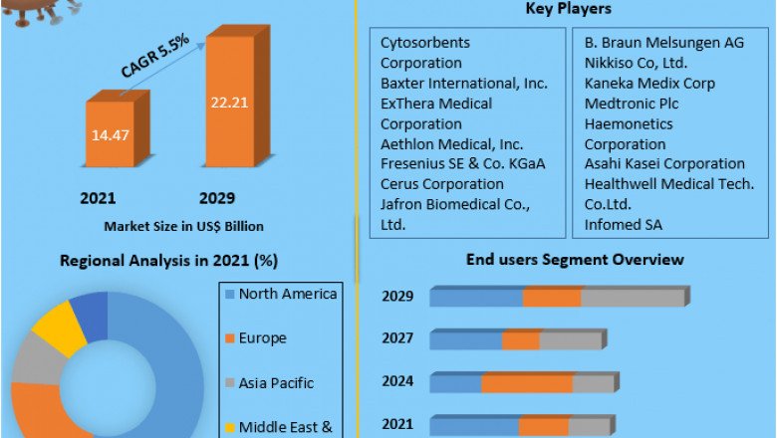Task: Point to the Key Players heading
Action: click(x=568, y=9)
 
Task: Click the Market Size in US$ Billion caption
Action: click(x=184, y=226)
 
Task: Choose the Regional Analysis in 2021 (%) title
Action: click(x=169, y=261)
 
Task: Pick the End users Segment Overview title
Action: click(x=575, y=260)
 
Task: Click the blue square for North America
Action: click(x=229, y=294)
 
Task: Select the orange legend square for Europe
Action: click(x=229, y=338)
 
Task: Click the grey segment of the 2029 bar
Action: click(x=632, y=297)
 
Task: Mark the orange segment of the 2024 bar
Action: click(x=527, y=383)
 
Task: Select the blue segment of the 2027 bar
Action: click(x=466, y=340)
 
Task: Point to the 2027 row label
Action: click(x=397, y=338)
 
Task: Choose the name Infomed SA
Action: click(x=625, y=225)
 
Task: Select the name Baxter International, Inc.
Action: click(x=464, y=84)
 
